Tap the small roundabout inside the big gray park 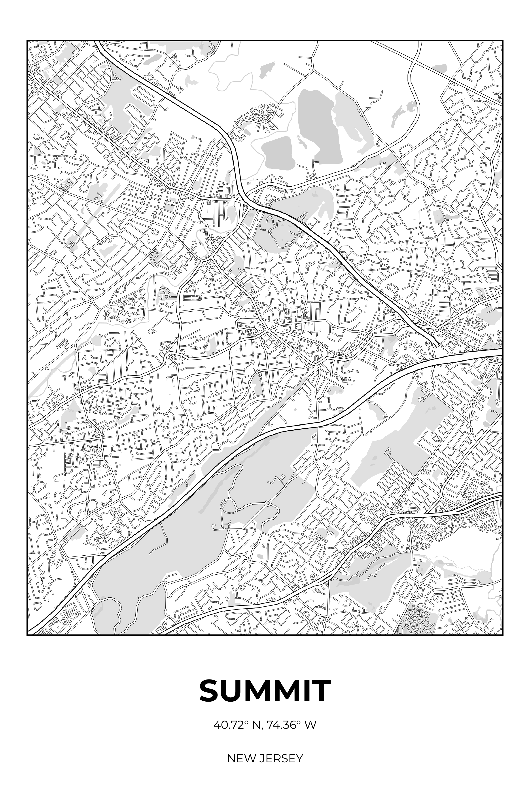[x=268, y=503]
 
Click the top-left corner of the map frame [x=27, y=41]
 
